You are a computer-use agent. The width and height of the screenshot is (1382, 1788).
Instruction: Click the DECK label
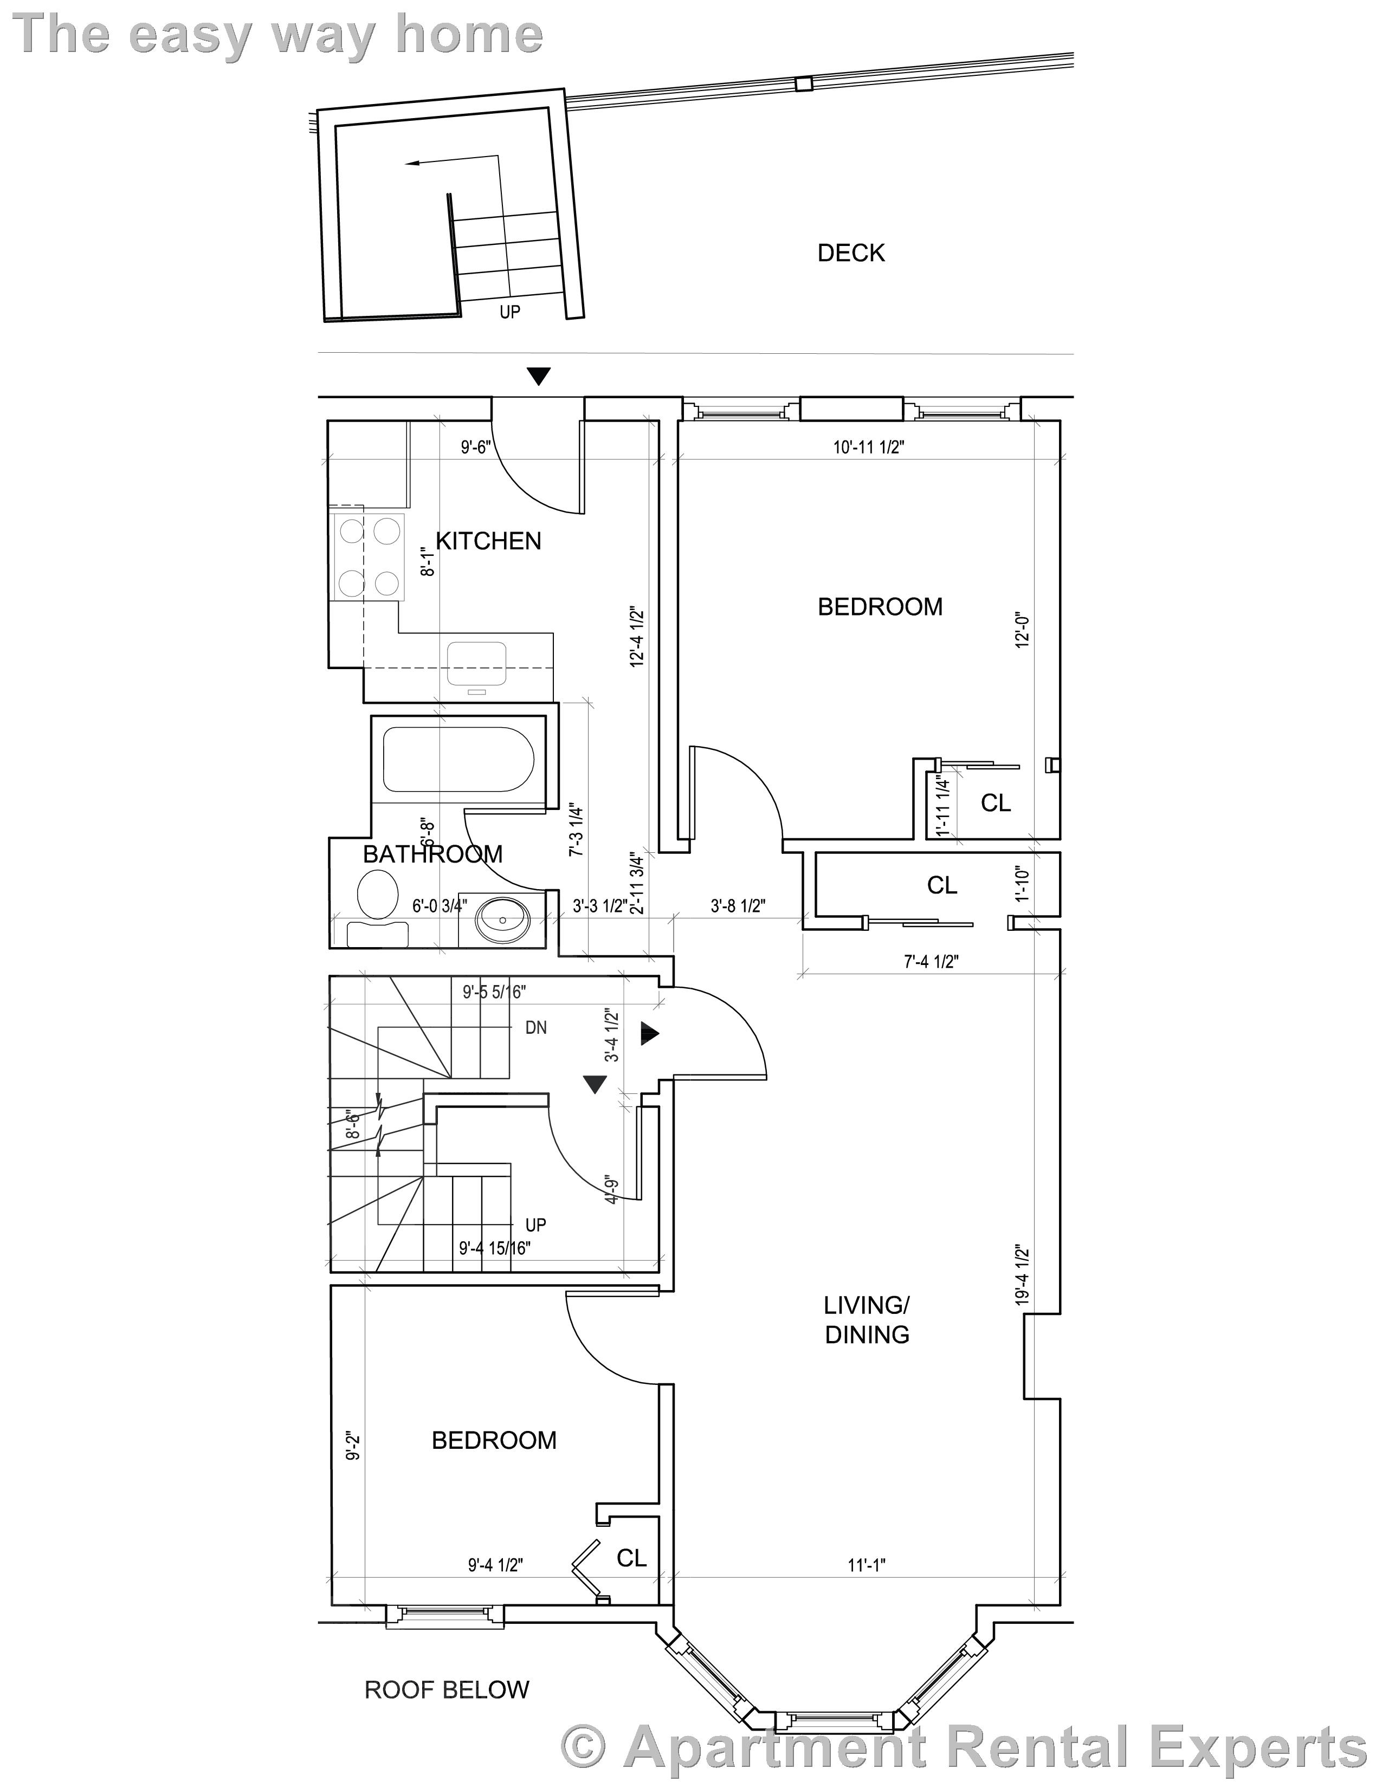click(851, 253)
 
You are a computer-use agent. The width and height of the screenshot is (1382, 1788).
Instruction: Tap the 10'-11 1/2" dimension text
click(869, 447)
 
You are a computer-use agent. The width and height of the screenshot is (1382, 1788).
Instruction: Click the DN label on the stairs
click(535, 1027)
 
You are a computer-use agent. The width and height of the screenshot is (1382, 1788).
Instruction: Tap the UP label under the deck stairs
click(509, 312)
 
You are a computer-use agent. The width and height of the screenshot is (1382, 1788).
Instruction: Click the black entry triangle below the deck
click(538, 377)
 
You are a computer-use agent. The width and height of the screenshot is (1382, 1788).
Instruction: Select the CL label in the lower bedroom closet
click(631, 1558)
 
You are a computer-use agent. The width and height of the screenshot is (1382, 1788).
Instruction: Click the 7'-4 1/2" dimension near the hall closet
click(931, 962)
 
